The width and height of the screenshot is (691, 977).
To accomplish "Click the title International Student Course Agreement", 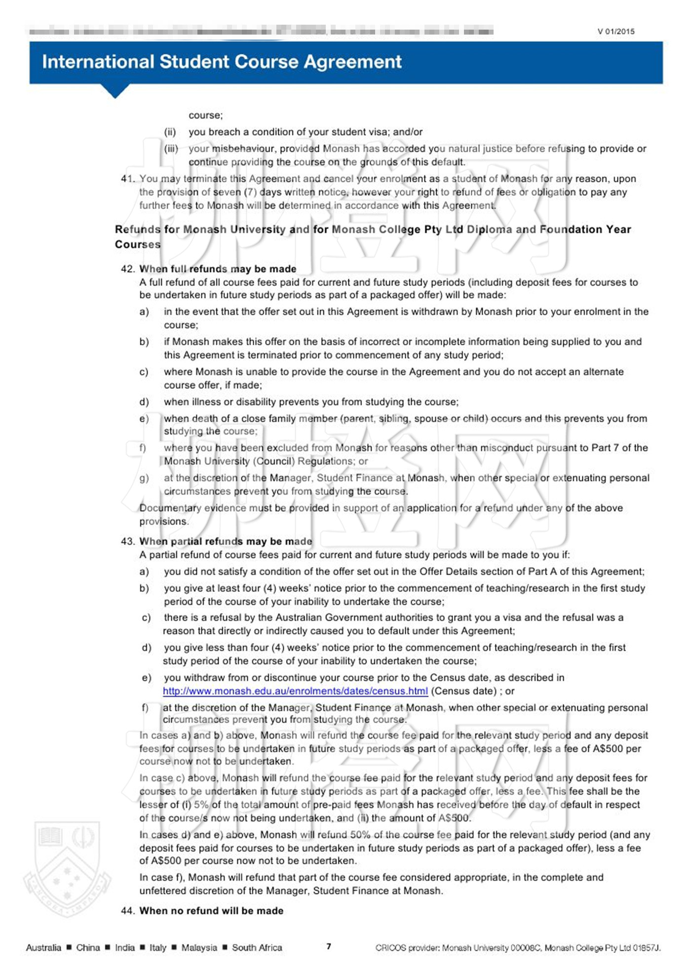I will [222, 62].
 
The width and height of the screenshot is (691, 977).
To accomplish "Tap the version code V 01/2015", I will [616, 32].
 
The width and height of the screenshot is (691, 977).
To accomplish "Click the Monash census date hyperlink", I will [295, 691].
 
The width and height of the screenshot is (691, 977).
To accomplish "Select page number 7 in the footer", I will [329, 946].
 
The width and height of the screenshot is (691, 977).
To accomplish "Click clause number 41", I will [127, 179].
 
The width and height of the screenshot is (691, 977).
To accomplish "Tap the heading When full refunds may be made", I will [218, 269].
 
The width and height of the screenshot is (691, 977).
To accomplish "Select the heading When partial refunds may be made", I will [226, 541].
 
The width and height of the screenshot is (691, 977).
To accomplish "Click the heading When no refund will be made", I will [211, 910].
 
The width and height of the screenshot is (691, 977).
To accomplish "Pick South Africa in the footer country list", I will [257, 947].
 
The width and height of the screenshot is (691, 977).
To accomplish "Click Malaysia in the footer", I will [199, 947].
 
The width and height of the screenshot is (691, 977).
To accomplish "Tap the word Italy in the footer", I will [157, 947].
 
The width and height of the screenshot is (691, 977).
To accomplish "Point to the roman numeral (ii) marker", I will [170, 132].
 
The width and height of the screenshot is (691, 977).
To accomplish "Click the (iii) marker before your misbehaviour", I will [171, 149].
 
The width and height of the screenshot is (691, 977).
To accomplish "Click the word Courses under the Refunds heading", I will [138, 244].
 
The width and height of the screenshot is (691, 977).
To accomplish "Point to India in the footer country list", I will [124, 947].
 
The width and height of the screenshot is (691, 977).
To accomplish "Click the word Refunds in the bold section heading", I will [138, 229].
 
